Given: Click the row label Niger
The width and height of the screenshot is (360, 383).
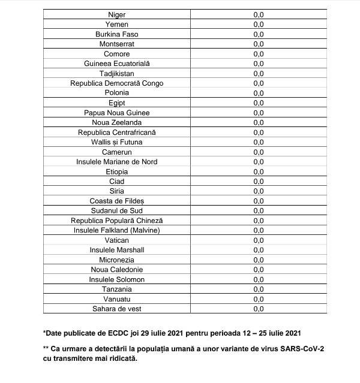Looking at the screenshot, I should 117,14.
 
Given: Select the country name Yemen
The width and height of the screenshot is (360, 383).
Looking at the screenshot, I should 117,25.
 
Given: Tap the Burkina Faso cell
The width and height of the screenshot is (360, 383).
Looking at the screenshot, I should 117,34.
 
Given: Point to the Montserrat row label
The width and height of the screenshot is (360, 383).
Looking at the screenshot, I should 117,44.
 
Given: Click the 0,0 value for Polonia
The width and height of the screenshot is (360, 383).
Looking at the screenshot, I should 259,93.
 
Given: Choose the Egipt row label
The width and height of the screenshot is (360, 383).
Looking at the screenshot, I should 117,103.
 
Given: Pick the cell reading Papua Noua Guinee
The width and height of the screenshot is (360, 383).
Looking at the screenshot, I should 117,113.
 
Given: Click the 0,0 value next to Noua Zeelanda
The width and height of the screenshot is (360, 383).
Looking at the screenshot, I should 259,122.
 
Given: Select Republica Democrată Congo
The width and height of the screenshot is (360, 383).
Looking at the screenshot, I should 117,83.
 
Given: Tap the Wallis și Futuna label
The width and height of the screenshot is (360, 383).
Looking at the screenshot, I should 117,142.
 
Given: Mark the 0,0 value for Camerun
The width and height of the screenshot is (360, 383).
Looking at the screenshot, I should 259,152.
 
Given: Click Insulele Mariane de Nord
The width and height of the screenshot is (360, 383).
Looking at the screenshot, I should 117,162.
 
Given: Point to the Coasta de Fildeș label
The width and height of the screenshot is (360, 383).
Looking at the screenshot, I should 117,201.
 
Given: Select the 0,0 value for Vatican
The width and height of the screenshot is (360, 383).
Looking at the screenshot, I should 259,240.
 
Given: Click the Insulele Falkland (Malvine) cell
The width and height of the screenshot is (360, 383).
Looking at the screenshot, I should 117,230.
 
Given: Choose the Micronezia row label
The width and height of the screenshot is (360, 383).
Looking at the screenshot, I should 117,260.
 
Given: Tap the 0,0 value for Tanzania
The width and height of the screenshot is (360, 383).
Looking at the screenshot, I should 259,289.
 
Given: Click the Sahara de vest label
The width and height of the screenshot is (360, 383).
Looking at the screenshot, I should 117,309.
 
